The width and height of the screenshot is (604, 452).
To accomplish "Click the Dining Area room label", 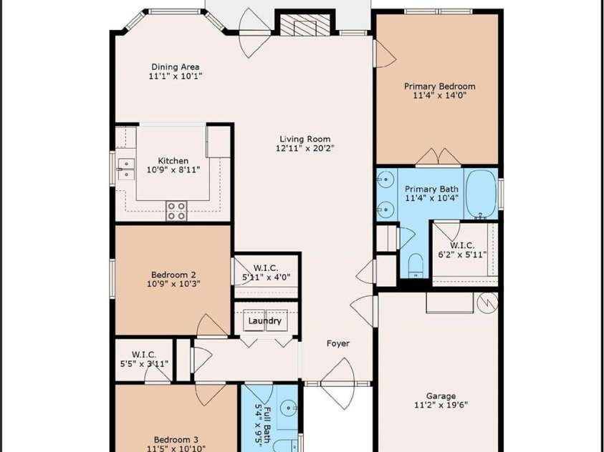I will tap(175, 67).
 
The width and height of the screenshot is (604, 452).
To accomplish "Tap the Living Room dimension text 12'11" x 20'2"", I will tap(305, 149).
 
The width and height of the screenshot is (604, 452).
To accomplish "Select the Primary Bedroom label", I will tap(439, 87).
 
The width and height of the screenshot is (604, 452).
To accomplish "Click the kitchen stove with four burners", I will tap(176, 211).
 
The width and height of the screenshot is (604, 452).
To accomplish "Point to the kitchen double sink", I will tap(125, 169).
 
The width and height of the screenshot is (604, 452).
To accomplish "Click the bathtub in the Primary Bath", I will tap(481, 193).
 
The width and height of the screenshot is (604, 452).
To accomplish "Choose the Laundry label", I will tap(264, 321).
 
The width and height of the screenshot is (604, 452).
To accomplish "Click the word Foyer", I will tap(338, 343).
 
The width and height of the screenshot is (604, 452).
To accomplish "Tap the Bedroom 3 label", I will tap(176, 440).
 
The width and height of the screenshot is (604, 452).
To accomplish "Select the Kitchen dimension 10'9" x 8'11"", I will tap(173, 170).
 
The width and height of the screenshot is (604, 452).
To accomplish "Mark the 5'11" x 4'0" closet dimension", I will tap(266, 277).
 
